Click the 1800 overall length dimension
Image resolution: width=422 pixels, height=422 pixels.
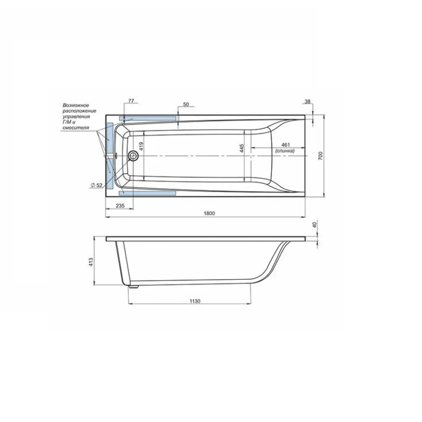209,214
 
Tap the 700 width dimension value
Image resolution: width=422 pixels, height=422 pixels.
320,156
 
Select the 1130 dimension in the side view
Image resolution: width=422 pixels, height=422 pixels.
195,301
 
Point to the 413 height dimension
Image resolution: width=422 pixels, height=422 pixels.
91,262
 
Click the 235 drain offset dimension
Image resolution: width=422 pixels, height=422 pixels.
120,206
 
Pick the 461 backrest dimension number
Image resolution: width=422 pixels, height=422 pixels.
285,145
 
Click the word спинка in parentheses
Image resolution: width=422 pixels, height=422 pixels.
285,151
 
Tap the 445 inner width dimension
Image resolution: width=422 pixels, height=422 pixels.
241,148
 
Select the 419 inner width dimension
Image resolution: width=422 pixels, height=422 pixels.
141,146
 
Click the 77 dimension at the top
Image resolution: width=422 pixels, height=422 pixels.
131,101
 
